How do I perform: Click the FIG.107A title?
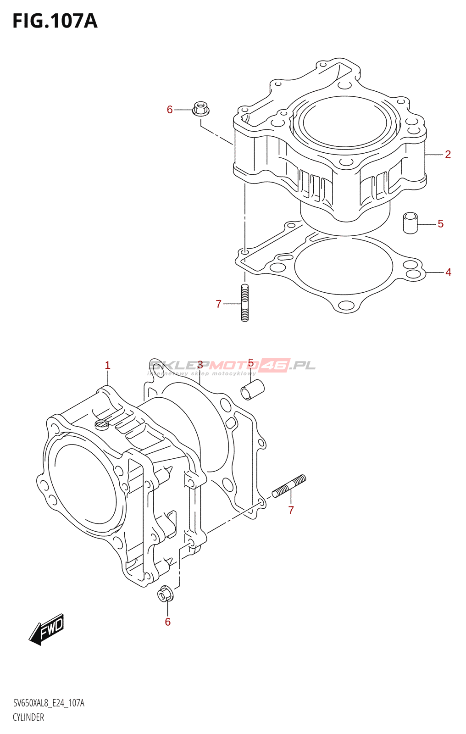(x=55, y=21)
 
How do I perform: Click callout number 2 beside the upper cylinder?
(x=448, y=154)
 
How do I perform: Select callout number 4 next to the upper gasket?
(x=448, y=272)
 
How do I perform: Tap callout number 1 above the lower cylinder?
(x=107, y=365)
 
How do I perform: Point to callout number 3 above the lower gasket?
(x=200, y=365)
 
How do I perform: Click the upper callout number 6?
(x=170, y=110)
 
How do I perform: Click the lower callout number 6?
(x=168, y=622)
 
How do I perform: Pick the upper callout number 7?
(x=219, y=304)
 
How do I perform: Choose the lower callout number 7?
(x=291, y=510)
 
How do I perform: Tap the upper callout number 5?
(x=440, y=224)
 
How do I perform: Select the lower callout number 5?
(x=250, y=363)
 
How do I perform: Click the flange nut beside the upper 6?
(x=200, y=109)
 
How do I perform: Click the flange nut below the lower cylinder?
(x=165, y=594)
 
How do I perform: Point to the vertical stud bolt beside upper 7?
(x=245, y=303)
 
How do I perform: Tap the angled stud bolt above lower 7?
(x=289, y=486)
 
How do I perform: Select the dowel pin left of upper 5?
(x=411, y=223)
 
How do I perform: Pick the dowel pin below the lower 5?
(x=253, y=389)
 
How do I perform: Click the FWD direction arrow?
(x=47, y=629)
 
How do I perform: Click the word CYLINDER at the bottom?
(x=28, y=717)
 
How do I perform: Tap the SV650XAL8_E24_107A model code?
(x=49, y=703)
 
